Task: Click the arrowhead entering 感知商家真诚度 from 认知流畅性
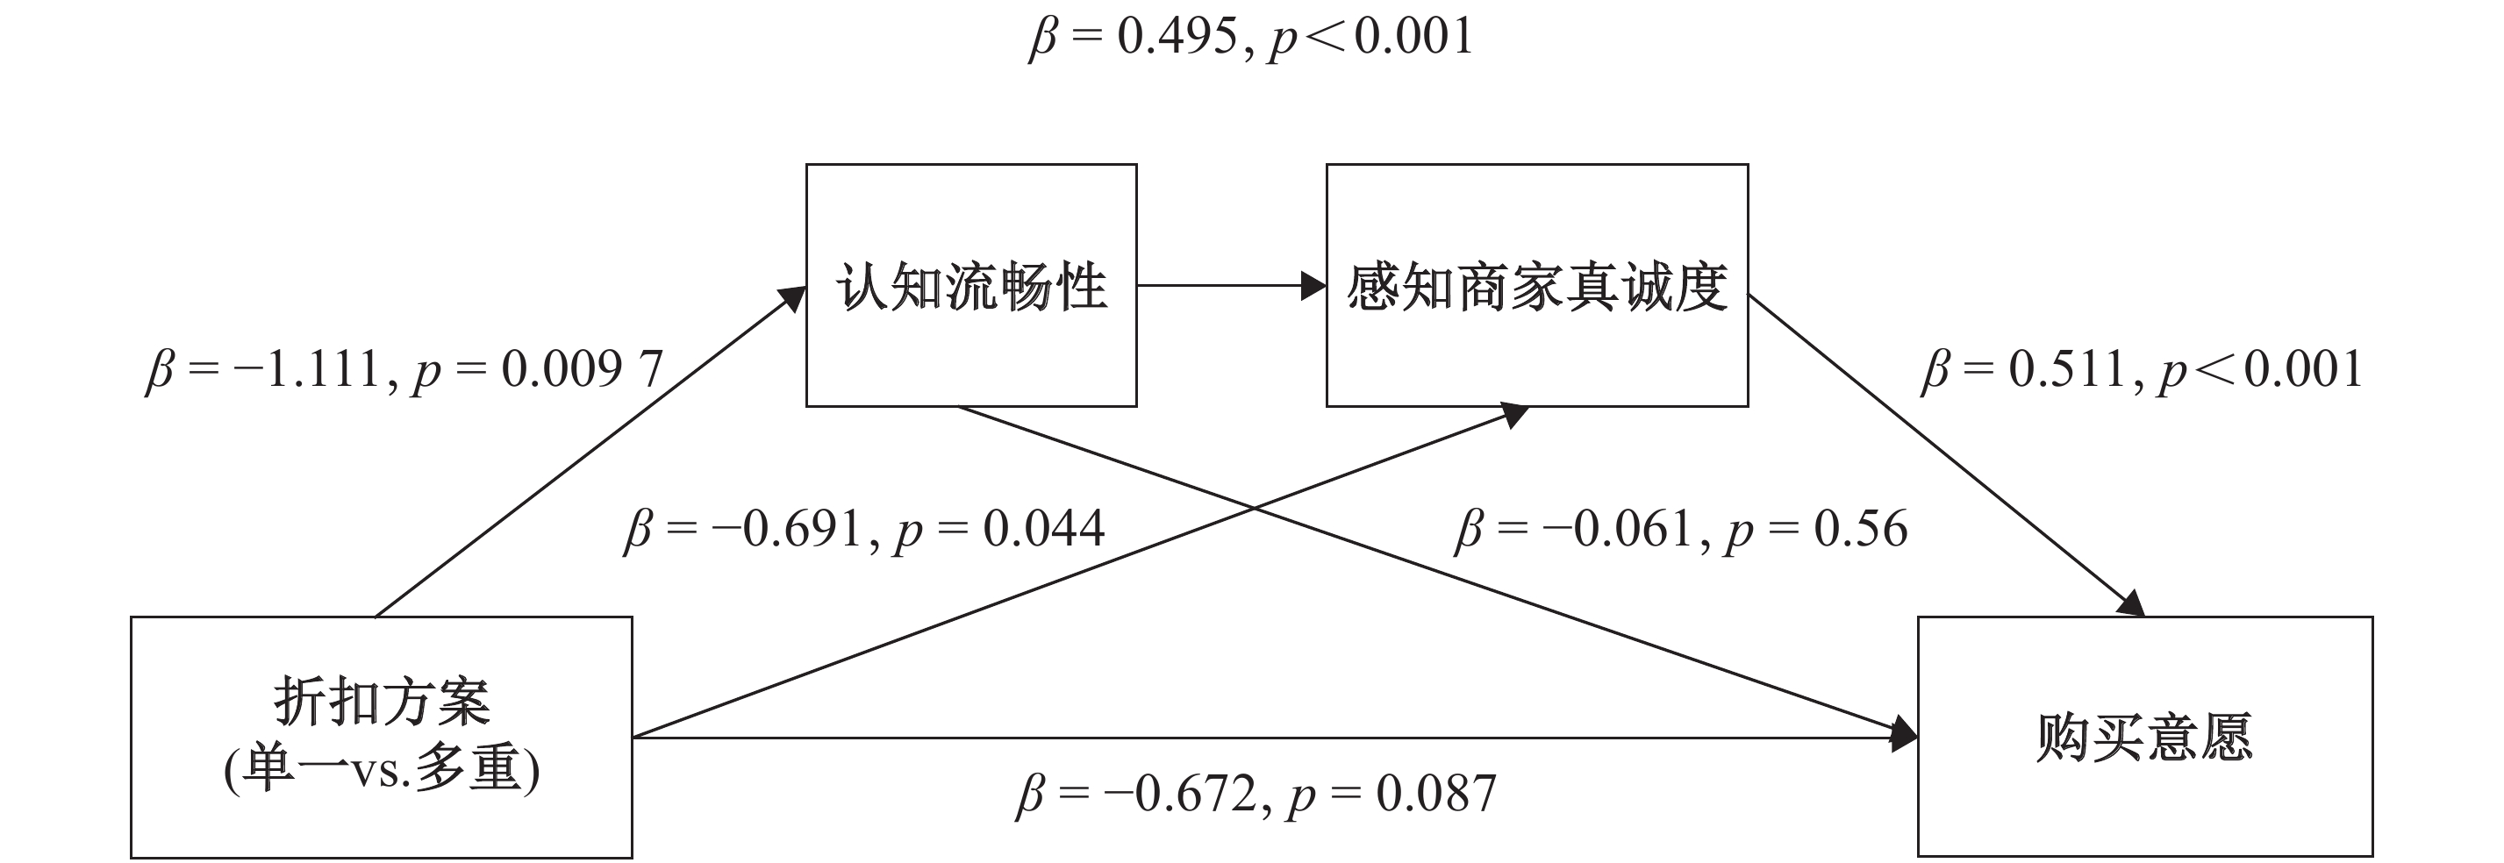pyautogui.click(x=1314, y=286)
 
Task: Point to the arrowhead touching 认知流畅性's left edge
pyautogui.click(x=792, y=298)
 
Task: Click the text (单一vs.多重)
pyautogui.click(x=381, y=772)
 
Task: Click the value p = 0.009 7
pyautogui.click(x=539, y=370)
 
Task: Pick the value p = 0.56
pyautogui.click(x=1818, y=530)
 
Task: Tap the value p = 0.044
pyautogui.click(x=1000, y=530)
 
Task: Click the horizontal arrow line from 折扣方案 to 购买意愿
pyautogui.click(x=1274, y=738)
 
